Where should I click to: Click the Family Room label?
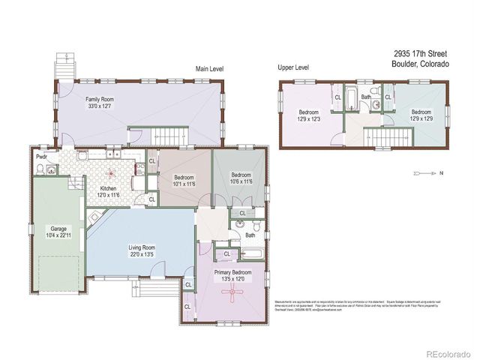pyautogui.click(x=99, y=99)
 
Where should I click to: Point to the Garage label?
pyautogui.click(x=58, y=229)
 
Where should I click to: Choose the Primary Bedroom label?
pyautogui.click(x=231, y=273)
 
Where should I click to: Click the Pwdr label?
pyautogui.click(x=42, y=157)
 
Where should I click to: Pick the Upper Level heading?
pyautogui.click(x=293, y=67)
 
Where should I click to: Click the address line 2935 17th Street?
pyautogui.click(x=421, y=55)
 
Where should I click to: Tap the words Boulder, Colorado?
pyautogui.click(x=420, y=64)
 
